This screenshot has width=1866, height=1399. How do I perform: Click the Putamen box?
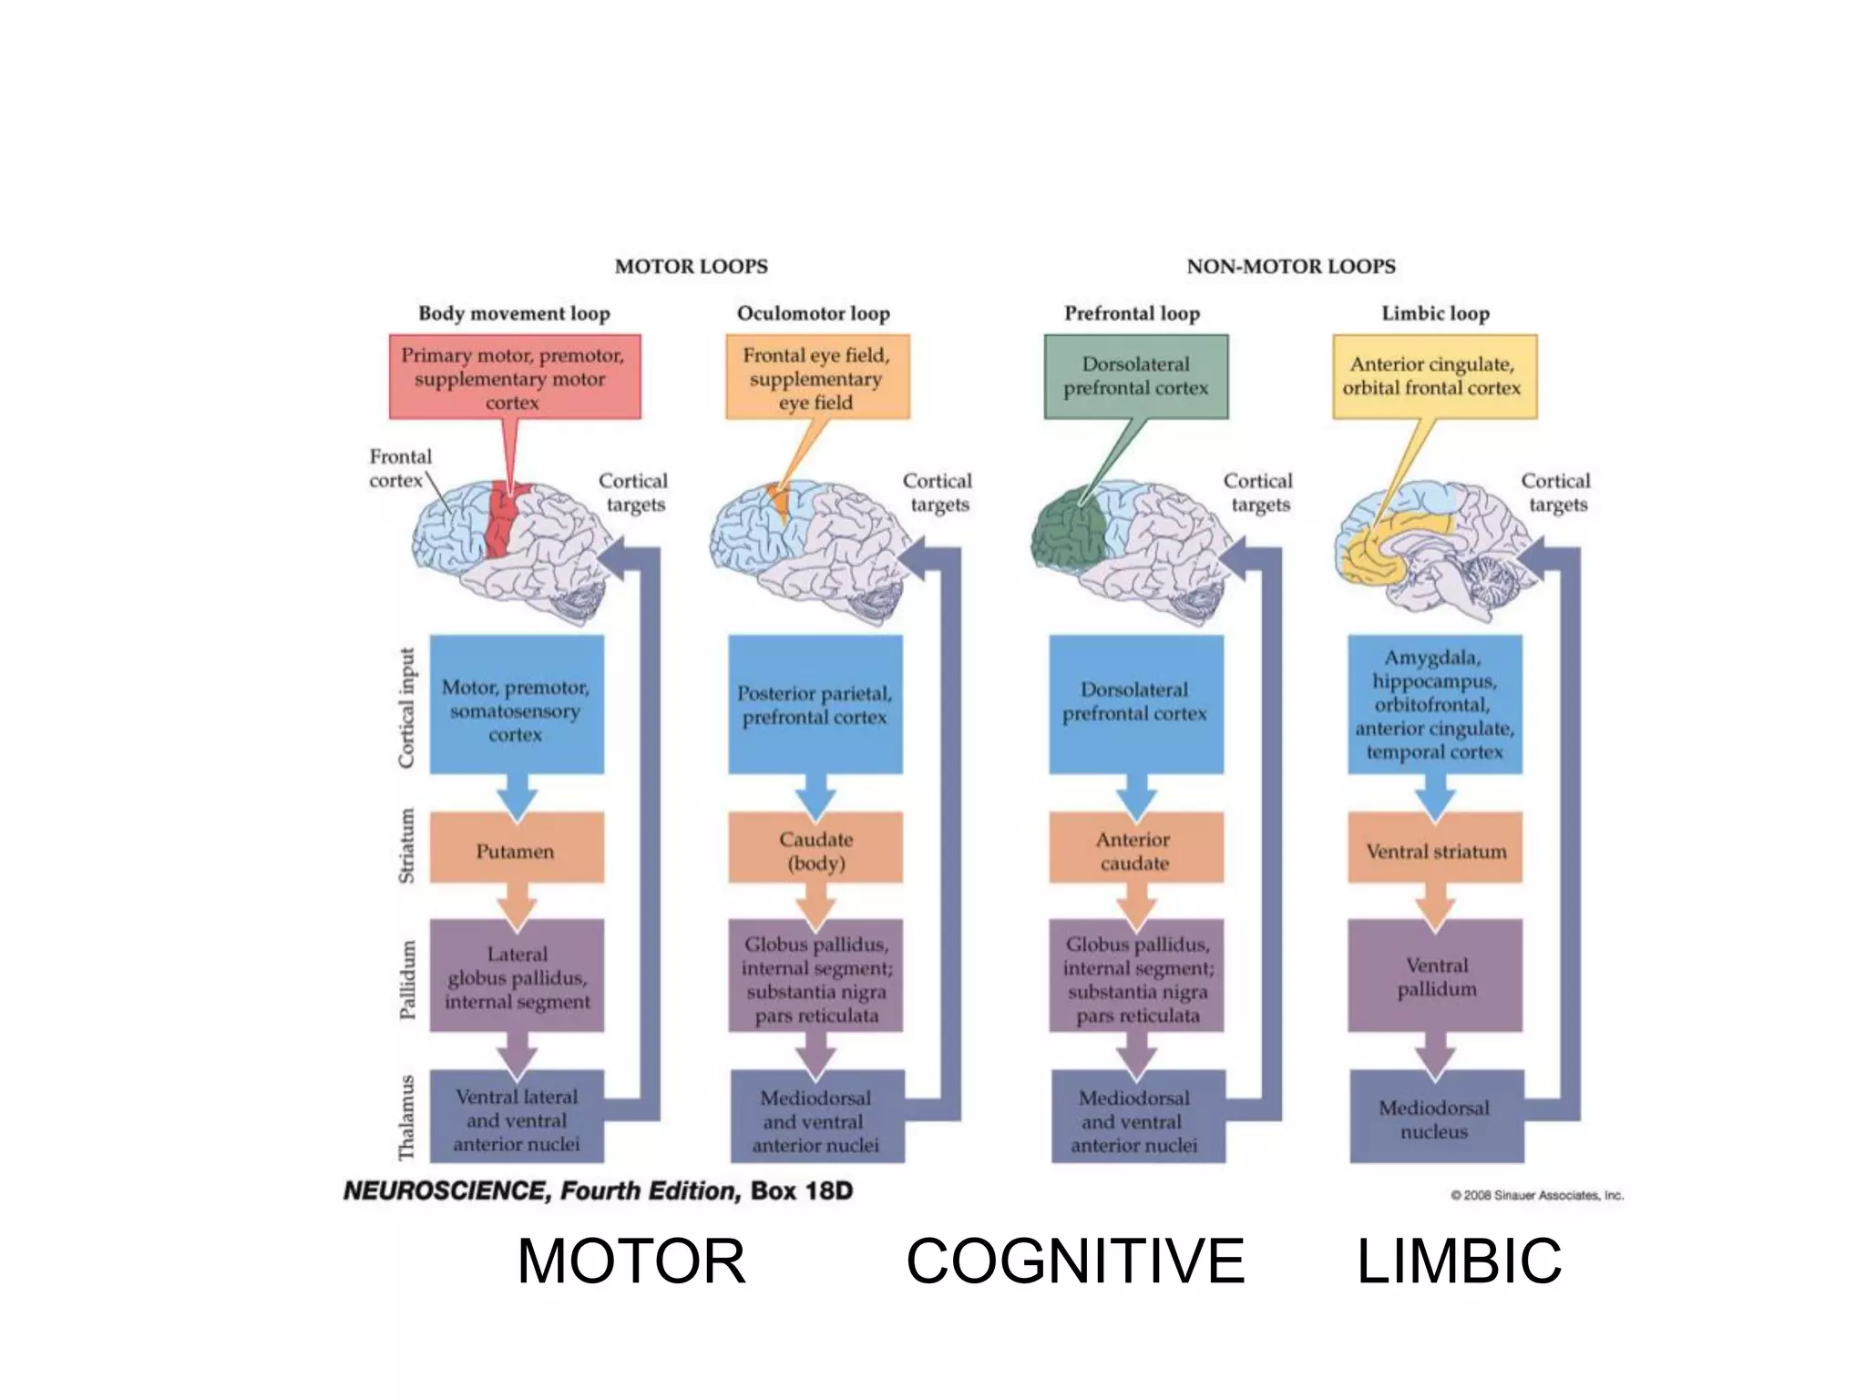pyautogui.click(x=516, y=848)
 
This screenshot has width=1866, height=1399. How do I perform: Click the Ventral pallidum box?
pyautogui.click(x=1435, y=975)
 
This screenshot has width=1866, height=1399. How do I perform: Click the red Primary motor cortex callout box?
pyautogui.click(x=515, y=377)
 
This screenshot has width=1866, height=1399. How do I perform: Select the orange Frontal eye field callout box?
pyautogui.click(x=817, y=377)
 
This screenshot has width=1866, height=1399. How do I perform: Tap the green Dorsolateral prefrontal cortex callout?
pyautogui.click(x=1136, y=377)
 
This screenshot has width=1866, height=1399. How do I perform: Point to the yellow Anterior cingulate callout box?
pyautogui.click(x=1434, y=377)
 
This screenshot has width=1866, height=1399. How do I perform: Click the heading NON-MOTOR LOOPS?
pyautogui.click(x=1290, y=266)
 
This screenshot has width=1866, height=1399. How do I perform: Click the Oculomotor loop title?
pyautogui.click(x=813, y=313)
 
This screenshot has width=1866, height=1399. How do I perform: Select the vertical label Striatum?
pyautogui.click(x=406, y=846)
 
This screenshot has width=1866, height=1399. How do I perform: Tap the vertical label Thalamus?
pyautogui.click(x=406, y=1117)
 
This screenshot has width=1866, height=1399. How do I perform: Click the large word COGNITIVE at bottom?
pyautogui.click(x=1075, y=1261)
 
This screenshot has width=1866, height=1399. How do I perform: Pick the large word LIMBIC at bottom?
pyautogui.click(x=1459, y=1261)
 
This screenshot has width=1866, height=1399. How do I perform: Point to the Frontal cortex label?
pyautogui.click(x=400, y=468)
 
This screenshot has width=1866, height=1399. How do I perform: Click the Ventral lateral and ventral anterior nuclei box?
pyautogui.click(x=516, y=1118)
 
